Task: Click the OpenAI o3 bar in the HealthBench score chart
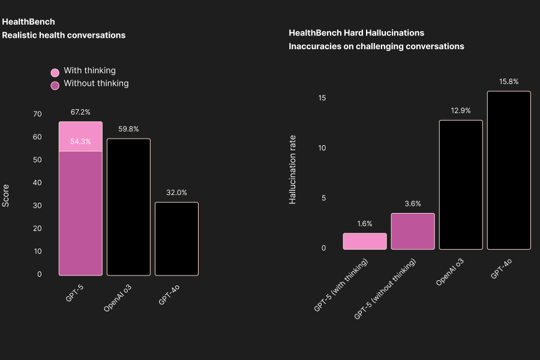(128, 207)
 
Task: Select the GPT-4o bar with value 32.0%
(176, 239)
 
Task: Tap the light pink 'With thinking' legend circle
(55, 72)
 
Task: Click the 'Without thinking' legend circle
(55, 85)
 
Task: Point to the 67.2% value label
(80, 112)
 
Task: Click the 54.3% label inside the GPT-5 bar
(80, 142)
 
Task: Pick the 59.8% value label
(128, 129)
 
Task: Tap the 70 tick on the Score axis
(37, 114)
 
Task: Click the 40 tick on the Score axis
(37, 182)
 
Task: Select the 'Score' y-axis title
(6, 196)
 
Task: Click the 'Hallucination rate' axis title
(293, 170)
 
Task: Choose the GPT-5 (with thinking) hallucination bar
(365, 241)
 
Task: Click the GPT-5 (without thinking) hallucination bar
(413, 231)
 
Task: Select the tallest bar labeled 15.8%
(509, 170)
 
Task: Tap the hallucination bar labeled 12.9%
(461, 185)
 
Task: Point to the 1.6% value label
(365, 224)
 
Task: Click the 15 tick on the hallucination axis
(322, 98)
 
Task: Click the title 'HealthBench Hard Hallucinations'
(356, 33)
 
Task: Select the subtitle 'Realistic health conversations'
(64, 35)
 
